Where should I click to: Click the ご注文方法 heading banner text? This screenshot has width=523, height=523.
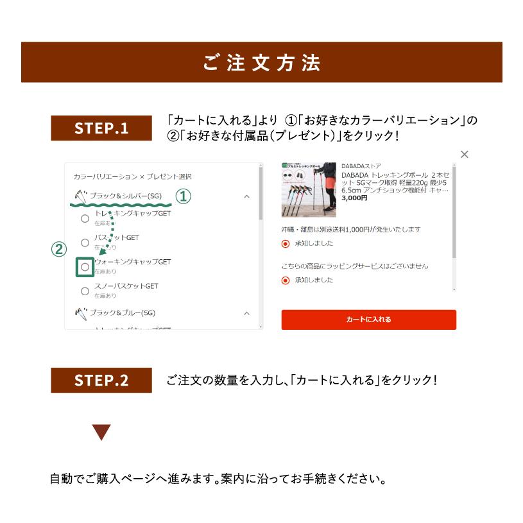point(261,63)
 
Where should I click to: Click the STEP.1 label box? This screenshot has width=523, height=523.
point(101,128)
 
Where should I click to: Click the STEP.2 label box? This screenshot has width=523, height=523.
point(101,380)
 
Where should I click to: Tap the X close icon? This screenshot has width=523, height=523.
point(465,154)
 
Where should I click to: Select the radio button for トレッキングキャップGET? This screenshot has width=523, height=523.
point(85,218)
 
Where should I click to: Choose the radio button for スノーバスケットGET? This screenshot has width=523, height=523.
point(85,291)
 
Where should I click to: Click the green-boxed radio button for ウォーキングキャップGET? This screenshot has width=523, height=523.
point(85,267)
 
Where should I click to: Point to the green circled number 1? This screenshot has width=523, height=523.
point(184,196)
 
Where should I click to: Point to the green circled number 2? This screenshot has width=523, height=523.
point(59,249)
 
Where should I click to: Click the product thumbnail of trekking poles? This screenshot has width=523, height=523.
point(309,190)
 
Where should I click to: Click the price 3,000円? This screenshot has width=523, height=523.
point(354,198)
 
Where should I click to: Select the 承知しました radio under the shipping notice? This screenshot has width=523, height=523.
point(286,244)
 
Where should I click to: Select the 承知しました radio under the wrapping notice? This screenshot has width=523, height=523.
point(286,280)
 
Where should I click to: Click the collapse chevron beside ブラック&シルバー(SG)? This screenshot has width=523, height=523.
point(246,196)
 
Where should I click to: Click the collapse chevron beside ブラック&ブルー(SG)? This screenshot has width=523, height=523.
point(246,313)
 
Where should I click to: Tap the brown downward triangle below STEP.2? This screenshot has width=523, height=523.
point(101,432)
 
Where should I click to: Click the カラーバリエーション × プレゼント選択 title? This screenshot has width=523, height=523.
point(132,176)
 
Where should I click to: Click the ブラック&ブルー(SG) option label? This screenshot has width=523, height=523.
point(123,313)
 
